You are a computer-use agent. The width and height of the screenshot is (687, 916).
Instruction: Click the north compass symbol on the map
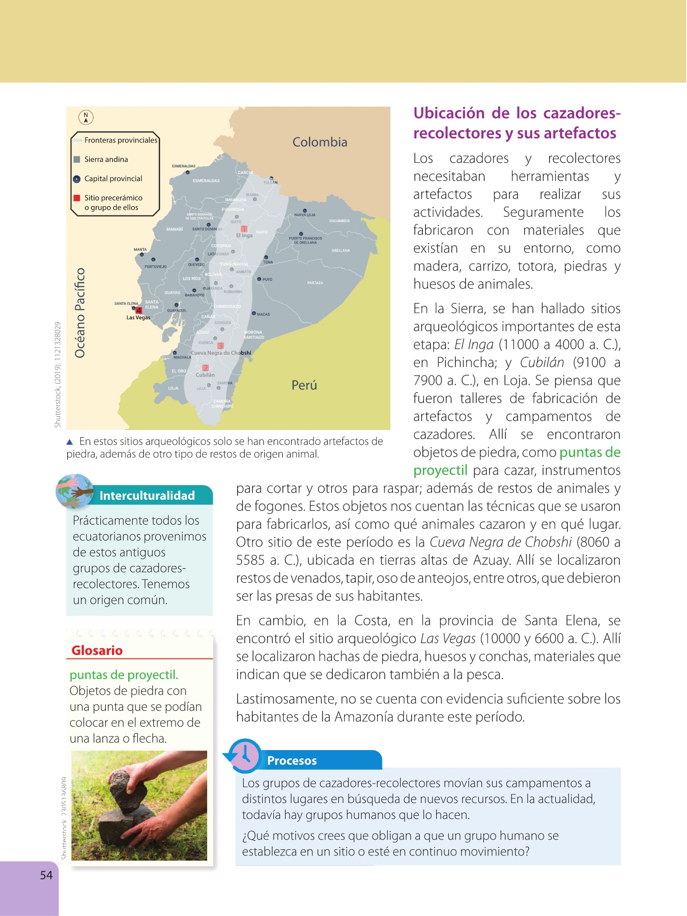tap(86, 118)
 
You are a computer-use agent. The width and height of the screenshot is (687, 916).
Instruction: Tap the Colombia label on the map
tap(320, 142)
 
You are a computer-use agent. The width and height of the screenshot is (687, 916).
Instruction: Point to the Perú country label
tap(304, 385)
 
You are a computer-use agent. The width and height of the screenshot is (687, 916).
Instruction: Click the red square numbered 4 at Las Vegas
tap(138, 310)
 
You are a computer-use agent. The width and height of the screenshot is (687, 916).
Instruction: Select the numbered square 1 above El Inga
tap(244, 229)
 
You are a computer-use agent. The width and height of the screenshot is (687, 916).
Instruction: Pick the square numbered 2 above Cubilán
tap(205, 368)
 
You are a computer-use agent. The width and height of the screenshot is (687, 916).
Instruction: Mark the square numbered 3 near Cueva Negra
tap(220, 346)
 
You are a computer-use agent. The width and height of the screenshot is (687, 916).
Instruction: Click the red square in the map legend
tap(77, 198)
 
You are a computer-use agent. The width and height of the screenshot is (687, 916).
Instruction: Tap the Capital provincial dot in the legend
tap(77, 179)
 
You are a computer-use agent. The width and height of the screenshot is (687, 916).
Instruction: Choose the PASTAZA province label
tap(315, 283)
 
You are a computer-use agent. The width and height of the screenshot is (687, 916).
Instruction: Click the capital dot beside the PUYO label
tap(259, 279)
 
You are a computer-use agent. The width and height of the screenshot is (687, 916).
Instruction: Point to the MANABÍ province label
tap(175, 230)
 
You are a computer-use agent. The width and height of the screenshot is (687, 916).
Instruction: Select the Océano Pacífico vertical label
tap(80, 313)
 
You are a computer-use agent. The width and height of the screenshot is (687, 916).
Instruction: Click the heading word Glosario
tap(97, 650)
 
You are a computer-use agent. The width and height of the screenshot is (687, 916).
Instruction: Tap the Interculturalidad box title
tap(147, 496)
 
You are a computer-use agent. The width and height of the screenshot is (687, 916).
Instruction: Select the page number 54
tap(46, 875)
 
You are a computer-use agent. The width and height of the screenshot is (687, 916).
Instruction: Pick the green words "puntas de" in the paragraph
tap(590, 452)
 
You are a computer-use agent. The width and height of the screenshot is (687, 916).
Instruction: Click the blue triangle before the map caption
tap(70, 442)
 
